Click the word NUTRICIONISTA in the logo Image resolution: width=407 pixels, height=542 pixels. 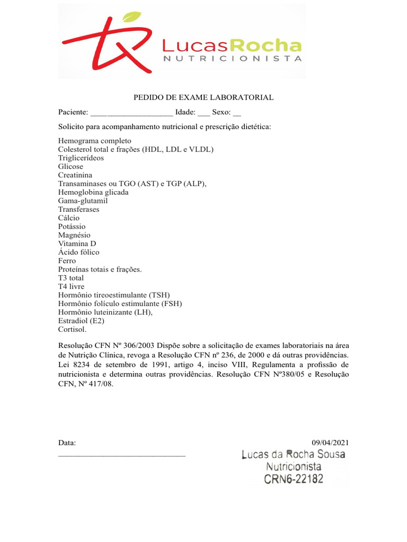233,59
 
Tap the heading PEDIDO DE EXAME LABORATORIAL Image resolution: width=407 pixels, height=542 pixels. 203,98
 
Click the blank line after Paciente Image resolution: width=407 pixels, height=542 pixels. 131,113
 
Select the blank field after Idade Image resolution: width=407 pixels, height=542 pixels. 203,113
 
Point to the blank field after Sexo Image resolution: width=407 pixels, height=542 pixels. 237,113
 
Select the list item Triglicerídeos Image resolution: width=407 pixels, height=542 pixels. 81,158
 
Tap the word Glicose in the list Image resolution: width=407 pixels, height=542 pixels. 70,167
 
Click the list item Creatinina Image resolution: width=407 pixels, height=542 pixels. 75,175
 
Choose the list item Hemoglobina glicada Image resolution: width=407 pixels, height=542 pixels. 93,192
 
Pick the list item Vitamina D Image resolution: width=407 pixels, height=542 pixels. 77,243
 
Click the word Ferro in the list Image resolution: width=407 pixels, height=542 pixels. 67,261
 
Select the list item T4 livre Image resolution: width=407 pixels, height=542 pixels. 71,286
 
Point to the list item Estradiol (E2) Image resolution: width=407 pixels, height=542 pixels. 81,321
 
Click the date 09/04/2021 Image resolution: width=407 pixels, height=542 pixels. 331,443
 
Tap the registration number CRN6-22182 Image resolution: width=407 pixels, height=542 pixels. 294,480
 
